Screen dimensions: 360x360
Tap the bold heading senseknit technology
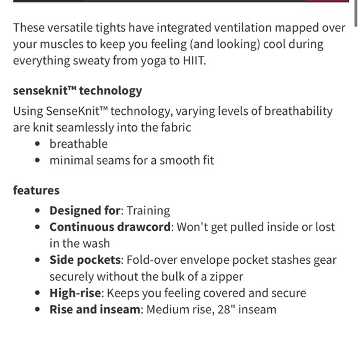(78, 91)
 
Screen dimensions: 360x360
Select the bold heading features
(36, 190)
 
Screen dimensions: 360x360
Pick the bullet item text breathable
(79, 144)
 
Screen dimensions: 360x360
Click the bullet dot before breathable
(39, 145)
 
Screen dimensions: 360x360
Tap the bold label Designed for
(85, 210)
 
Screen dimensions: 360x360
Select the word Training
(148, 210)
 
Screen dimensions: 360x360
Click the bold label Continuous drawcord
(110, 227)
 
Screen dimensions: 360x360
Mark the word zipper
(225, 277)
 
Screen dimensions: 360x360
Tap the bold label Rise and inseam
(96, 309)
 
